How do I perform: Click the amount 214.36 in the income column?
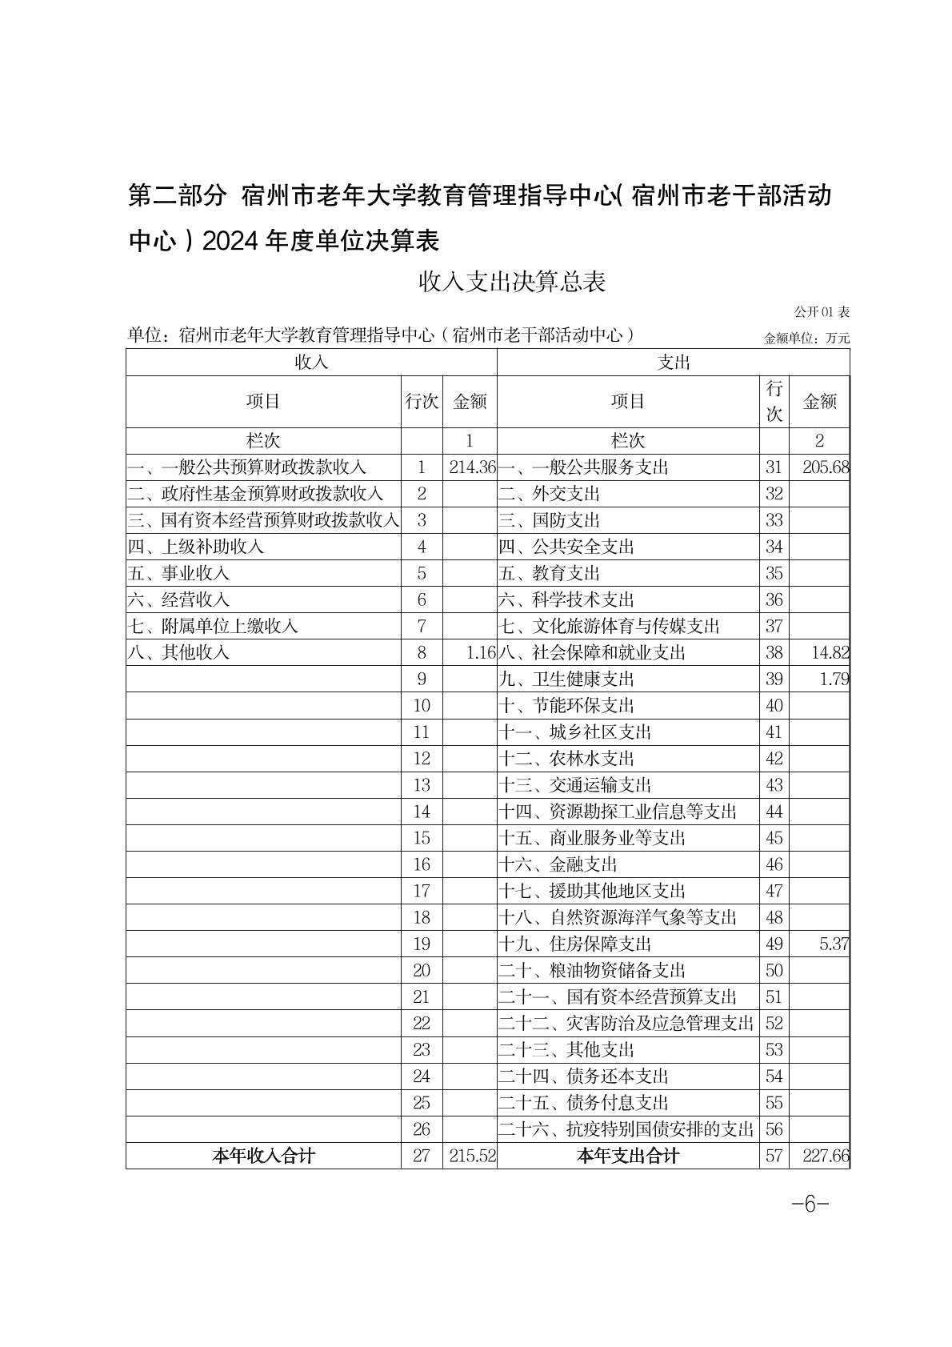point(472,467)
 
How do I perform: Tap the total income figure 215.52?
point(472,1157)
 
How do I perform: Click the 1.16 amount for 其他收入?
point(481,653)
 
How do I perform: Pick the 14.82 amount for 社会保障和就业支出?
point(830,653)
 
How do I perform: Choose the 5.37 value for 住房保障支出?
point(834,944)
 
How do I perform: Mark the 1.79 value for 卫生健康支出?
point(834,680)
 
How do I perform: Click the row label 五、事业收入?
point(179,574)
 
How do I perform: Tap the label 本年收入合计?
point(263,1157)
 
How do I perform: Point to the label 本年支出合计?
point(628,1157)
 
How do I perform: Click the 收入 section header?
point(311,363)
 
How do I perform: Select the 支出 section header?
point(673,363)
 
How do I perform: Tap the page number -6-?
point(809,1205)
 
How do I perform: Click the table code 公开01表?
point(822,311)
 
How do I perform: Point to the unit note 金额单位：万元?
point(806,339)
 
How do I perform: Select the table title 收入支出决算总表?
point(513,282)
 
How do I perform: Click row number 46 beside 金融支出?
point(774,865)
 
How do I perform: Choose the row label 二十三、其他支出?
point(566,1050)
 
